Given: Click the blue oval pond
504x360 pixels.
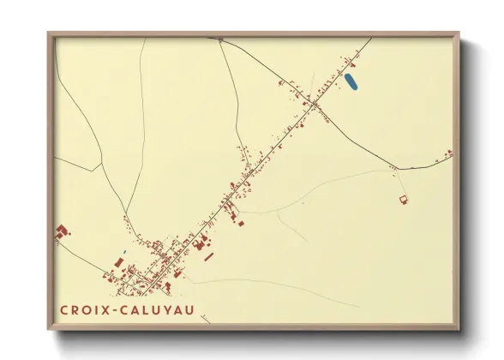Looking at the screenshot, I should (x=350, y=82).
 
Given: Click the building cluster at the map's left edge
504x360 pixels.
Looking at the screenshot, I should (x=63, y=232).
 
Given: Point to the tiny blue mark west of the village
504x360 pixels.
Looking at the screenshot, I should (x=123, y=253).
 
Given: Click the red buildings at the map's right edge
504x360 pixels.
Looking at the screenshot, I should (x=446, y=155).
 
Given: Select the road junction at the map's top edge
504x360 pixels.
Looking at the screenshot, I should (x=220, y=39).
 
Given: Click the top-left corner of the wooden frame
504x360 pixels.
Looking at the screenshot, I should (x=49, y=33).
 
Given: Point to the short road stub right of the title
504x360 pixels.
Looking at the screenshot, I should (x=205, y=319).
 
